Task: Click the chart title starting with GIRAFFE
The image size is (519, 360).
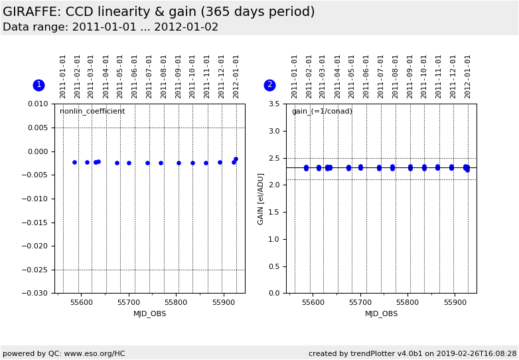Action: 159,12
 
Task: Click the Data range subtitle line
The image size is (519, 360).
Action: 110,27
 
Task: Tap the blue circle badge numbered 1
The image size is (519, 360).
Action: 38,85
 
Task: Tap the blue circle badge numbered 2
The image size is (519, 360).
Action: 269,85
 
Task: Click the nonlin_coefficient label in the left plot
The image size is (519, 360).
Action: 92,112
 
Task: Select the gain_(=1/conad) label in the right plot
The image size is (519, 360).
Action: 322,112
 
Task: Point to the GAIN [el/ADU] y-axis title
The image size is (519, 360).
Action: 261,199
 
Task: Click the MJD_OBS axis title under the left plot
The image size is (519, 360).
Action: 149,314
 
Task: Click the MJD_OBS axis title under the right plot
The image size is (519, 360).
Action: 381,314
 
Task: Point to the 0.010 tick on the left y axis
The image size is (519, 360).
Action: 37,104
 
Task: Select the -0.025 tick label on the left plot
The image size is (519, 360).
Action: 36,270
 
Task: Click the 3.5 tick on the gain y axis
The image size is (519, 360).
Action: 274,104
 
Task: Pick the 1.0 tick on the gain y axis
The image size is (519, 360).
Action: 274,239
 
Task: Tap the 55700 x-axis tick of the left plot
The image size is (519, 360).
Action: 129,302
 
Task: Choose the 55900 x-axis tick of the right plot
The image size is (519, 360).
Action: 455,302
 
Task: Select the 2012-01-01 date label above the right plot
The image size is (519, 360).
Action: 468,76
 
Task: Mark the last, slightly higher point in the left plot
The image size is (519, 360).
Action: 236,159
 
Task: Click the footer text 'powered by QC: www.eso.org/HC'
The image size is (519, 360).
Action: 64,354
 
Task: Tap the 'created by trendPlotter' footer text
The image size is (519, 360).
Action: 412,354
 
